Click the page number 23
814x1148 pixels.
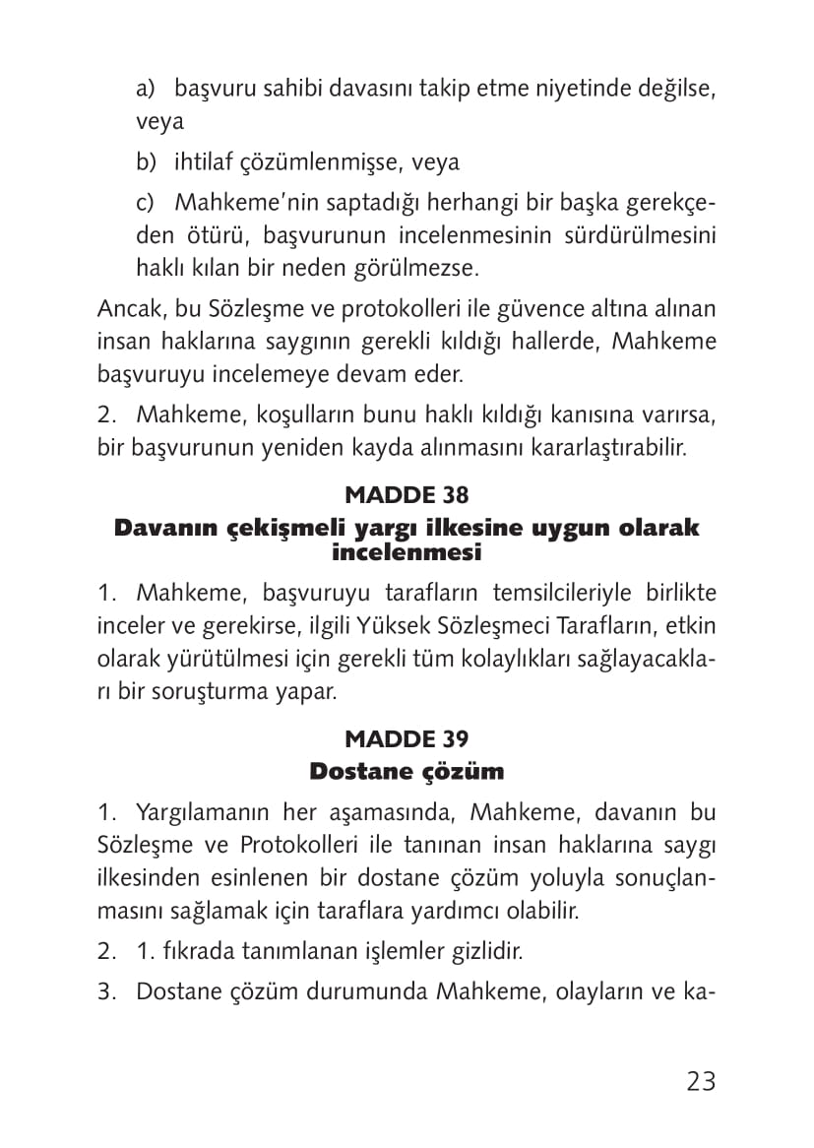701,1081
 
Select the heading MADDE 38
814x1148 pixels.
407,494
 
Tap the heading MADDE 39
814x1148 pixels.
407,738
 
